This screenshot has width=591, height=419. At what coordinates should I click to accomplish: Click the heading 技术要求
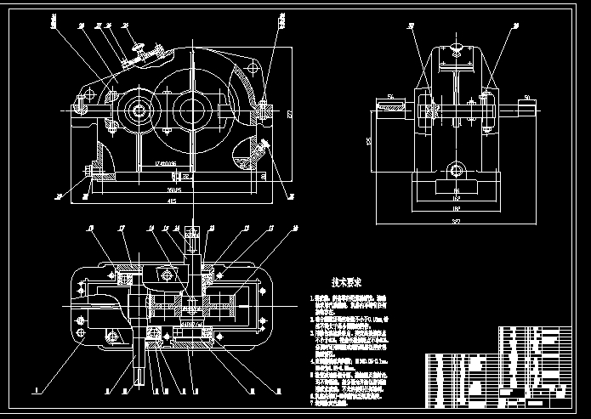click(x=347, y=281)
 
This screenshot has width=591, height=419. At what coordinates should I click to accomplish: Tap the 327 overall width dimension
click(x=457, y=221)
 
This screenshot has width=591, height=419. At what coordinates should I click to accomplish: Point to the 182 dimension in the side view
click(x=456, y=207)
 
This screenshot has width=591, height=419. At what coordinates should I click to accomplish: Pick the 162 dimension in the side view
click(x=456, y=200)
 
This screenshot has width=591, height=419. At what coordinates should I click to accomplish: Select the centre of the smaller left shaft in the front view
click(x=137, y=111)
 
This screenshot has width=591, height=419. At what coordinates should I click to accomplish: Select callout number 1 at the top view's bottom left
click(x=37, y=391)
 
